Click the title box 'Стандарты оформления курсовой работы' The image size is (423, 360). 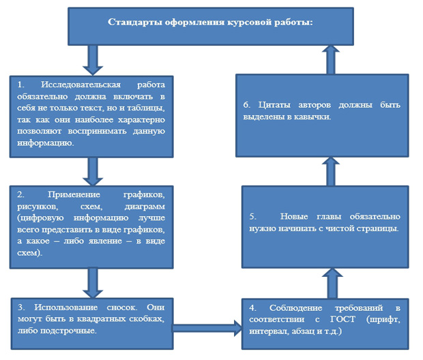tap(211, 25)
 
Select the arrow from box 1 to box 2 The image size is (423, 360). tap(91, 168)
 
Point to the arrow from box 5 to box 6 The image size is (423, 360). tap(330, 170)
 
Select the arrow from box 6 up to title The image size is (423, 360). tap(330, 59)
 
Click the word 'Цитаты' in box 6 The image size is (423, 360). tap(275, 106)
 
